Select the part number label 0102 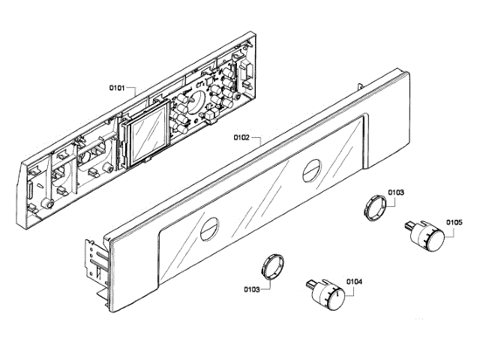(x=241, y=138)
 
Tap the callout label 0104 (x=355, y=282)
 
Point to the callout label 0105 (x=454, y=222)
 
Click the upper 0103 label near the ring (x=396, y=193)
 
